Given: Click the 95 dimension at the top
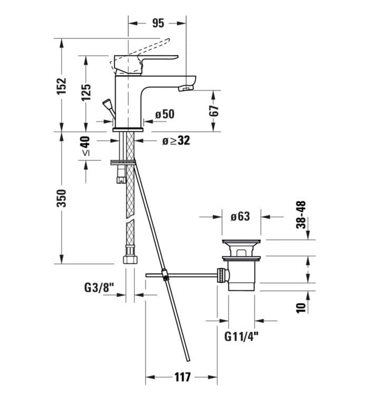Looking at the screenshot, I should pos(158,23).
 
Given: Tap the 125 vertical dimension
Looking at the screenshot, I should pos(86,92).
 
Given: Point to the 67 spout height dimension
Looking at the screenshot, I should pos(215,111).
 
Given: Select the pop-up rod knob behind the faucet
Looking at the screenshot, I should pos(106,104).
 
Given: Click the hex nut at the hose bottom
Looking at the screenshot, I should pos(129,259).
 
